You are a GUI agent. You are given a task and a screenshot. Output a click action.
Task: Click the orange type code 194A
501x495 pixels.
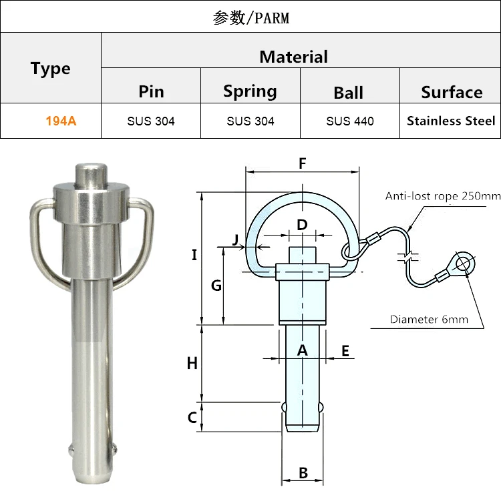pyautogui.click(x=61, y=121)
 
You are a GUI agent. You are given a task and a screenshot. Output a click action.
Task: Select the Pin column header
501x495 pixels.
pyautogui.click(x=151, y=91)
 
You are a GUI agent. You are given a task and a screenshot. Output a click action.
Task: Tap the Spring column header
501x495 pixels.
pyautogui.click(x=250, y=91)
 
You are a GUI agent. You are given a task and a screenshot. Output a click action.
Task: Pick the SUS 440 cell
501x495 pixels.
pyautogui.click(x=350, y=121)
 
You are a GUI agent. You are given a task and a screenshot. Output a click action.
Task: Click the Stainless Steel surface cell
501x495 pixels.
pyautogui.click(x=451, y=121)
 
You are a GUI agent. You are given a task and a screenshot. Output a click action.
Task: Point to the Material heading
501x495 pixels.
pyautogui.click(x=293, y=57)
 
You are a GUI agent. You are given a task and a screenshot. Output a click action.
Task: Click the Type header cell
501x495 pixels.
pyautogui.click(x=50, y=69)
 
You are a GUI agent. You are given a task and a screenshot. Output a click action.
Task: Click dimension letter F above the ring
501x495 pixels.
pyautogui.click(x=302, y=163)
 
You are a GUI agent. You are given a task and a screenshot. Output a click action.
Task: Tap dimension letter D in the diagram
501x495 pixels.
pyautogui.click(x=302, y=225)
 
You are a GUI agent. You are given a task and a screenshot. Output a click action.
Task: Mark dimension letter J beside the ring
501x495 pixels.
pyautogui.click(x=236, y=239)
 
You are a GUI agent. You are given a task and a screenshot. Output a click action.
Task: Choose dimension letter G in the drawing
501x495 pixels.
pyautogui.click(x=216, y=286)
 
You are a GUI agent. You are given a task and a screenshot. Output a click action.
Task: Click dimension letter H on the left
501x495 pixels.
pyautogui.click(x=192, y=364)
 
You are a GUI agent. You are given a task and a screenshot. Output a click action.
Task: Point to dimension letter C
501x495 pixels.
pyautogui.click(x=192, y=418)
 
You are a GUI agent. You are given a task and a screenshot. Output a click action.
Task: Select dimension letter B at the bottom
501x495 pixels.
pyautogui.click(x=303, y=473)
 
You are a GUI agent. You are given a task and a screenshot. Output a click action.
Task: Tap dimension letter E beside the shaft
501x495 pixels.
pyautogui.click(x=345, y=351)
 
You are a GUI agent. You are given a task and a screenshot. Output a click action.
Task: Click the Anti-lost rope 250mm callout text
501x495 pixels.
pyautogui.click(x=442, y=196)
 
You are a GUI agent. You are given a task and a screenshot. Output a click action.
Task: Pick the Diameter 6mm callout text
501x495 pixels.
pyautogui.click(x=429, y=320)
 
